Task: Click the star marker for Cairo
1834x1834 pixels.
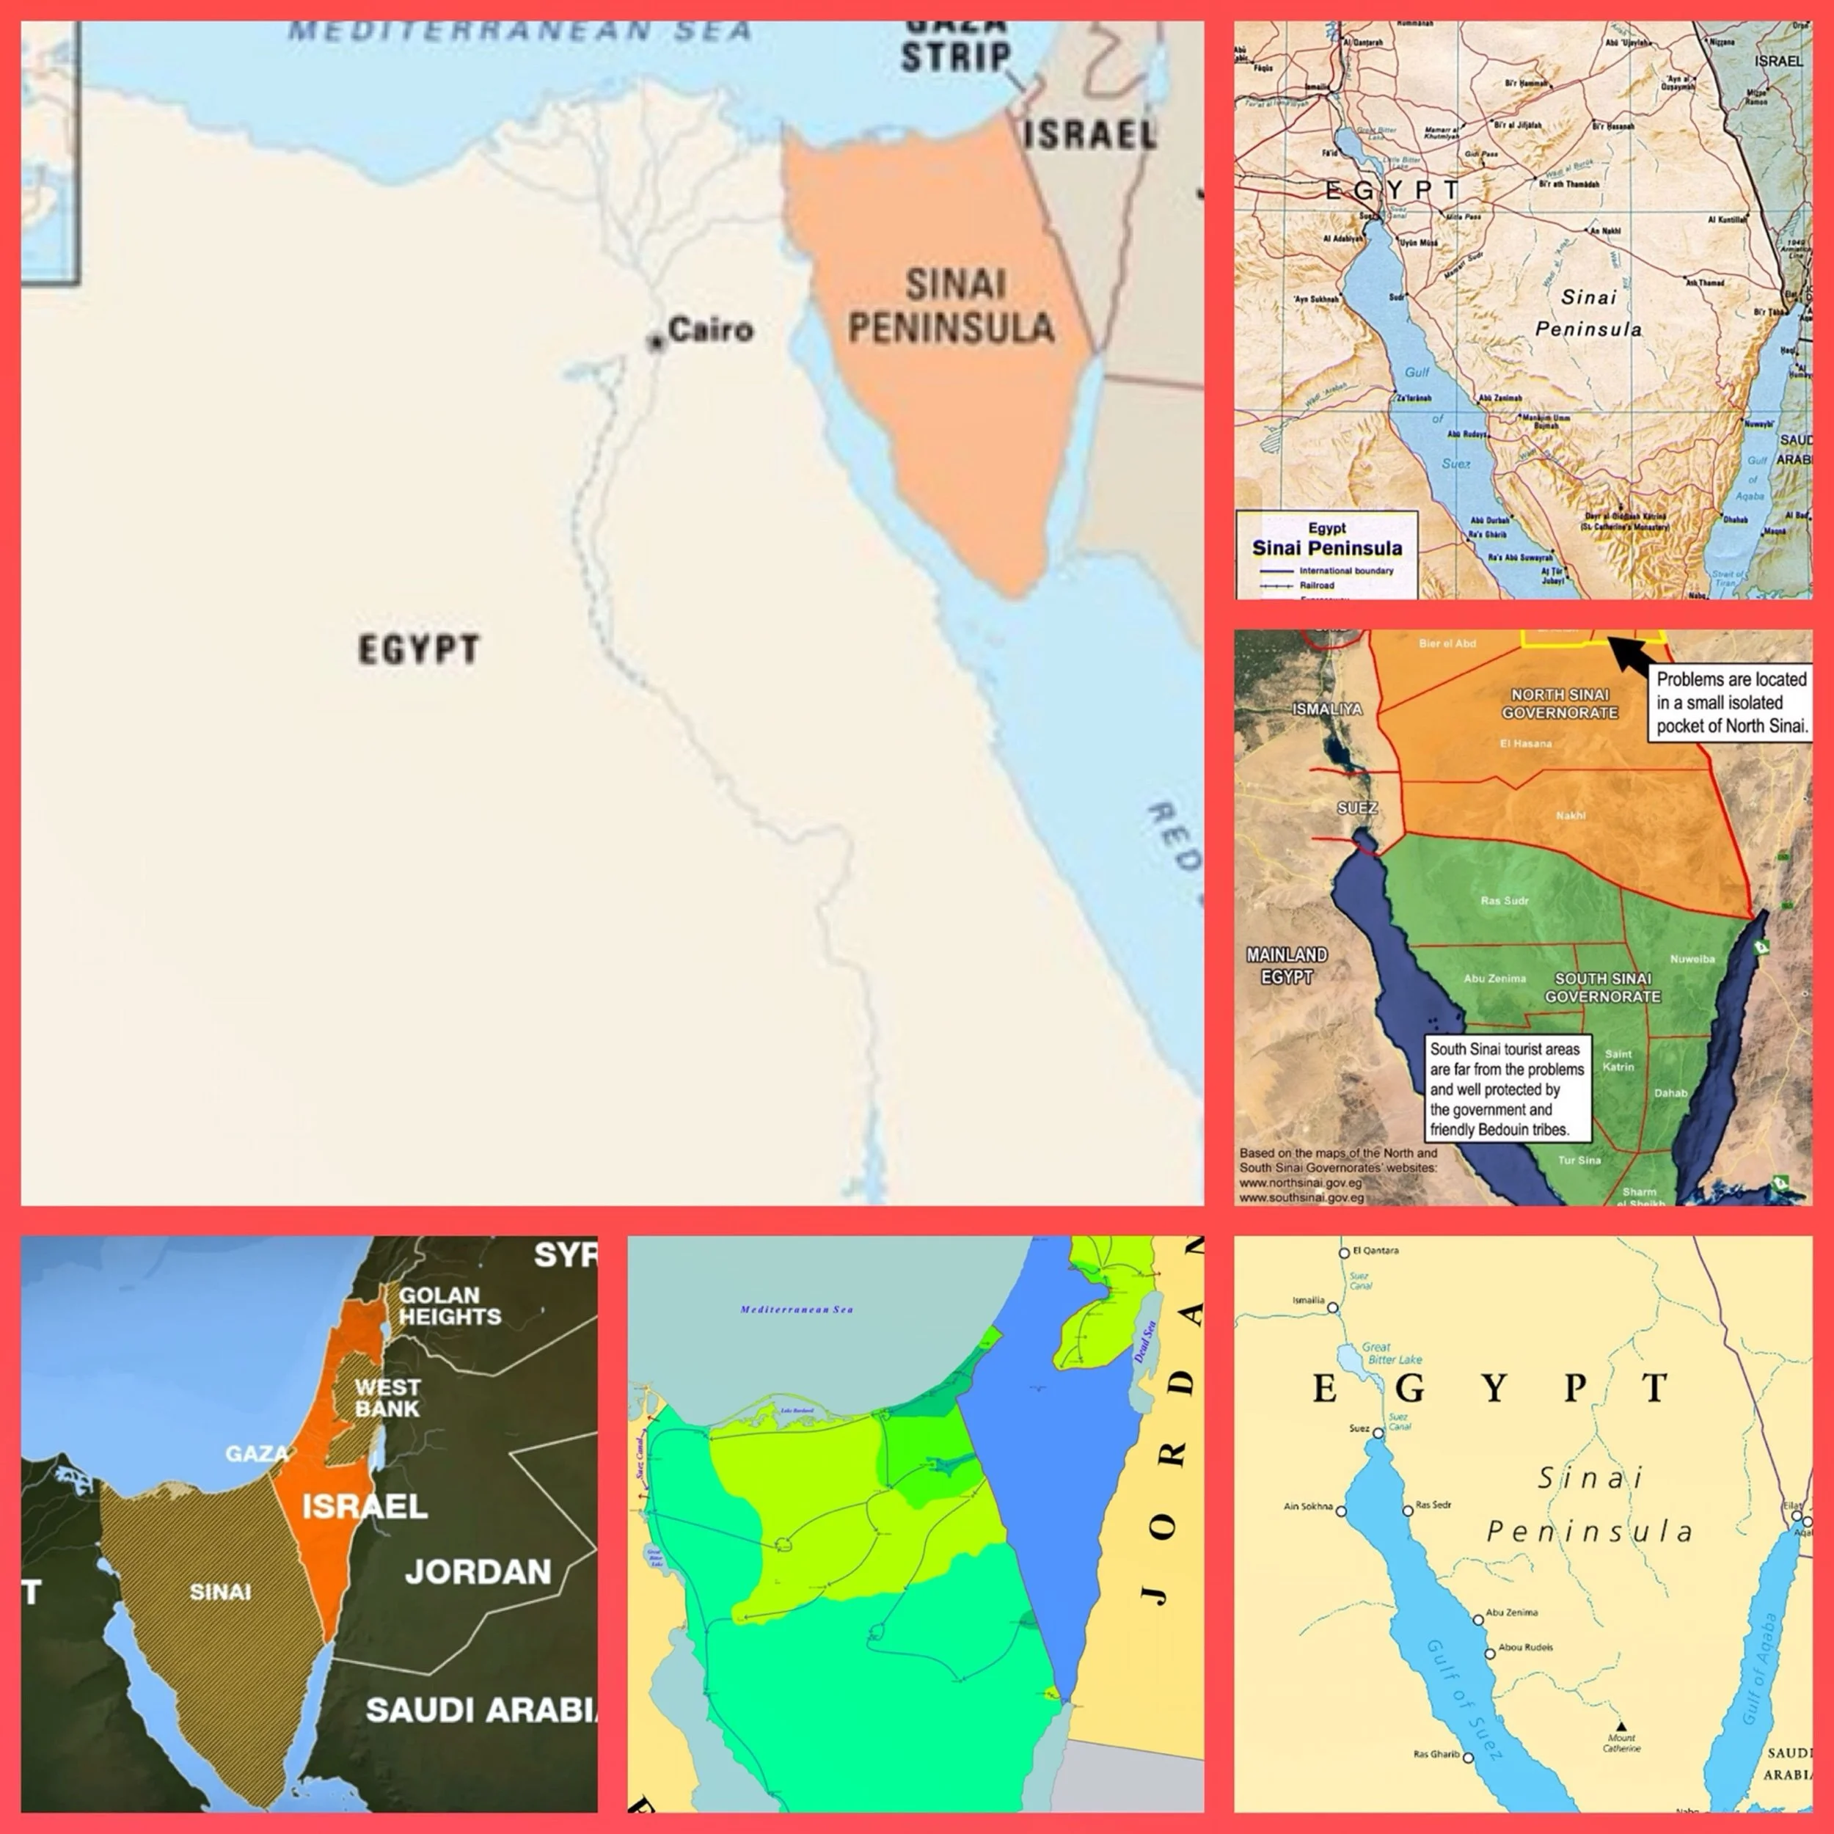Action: (655, 343)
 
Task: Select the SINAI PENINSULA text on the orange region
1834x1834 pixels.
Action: (952, 306)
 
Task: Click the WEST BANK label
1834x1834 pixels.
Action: (387, 1398)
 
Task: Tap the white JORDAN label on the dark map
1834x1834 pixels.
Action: (478, 1572)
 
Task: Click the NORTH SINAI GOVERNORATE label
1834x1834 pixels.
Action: (1560, 704)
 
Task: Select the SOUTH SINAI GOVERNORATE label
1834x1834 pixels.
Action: (1602, 987)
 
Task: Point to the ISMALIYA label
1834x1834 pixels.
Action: (1326, 709)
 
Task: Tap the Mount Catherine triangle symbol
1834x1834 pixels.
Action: (1621, 1725)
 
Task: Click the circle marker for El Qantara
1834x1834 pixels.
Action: (1344, 1253)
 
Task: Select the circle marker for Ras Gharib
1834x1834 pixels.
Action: (1468, 1758)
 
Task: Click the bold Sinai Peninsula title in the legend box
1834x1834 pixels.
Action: (1326, 548)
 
